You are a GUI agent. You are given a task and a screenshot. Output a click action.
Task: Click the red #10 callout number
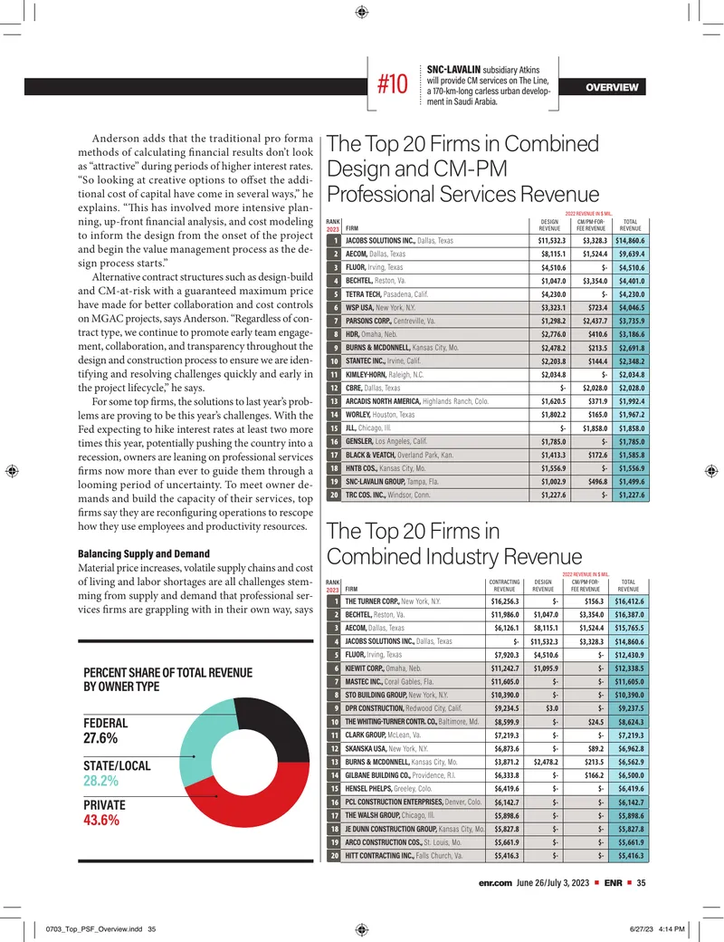click(392, 84)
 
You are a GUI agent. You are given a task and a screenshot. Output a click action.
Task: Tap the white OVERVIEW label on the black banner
click(612, 87)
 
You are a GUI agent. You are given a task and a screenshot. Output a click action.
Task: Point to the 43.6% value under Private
click(100, 820)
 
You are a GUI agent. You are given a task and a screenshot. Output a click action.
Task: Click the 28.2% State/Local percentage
click(100, 781)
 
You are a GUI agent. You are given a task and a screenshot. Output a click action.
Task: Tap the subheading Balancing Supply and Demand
click(144, 553)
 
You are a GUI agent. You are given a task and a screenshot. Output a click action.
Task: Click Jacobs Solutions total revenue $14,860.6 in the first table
click(632, 241)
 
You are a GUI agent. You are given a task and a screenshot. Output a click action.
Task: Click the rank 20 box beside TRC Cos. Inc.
click(334, 495)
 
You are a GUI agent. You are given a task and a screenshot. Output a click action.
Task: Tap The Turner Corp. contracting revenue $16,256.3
click(505, 601)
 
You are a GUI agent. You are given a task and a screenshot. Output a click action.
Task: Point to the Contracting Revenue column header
click(504, 586)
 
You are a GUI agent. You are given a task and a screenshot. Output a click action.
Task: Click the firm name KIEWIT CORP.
click(365, 668)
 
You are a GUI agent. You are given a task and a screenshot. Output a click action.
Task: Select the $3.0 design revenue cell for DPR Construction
click(552, 708)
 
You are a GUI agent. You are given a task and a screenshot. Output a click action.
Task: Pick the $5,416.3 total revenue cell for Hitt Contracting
click(629, 855)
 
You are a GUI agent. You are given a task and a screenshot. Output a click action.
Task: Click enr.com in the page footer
click(495, 882)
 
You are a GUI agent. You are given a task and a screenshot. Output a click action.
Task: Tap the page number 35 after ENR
click(641, 882)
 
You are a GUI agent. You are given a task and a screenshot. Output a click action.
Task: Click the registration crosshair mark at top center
click(361, 12)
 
